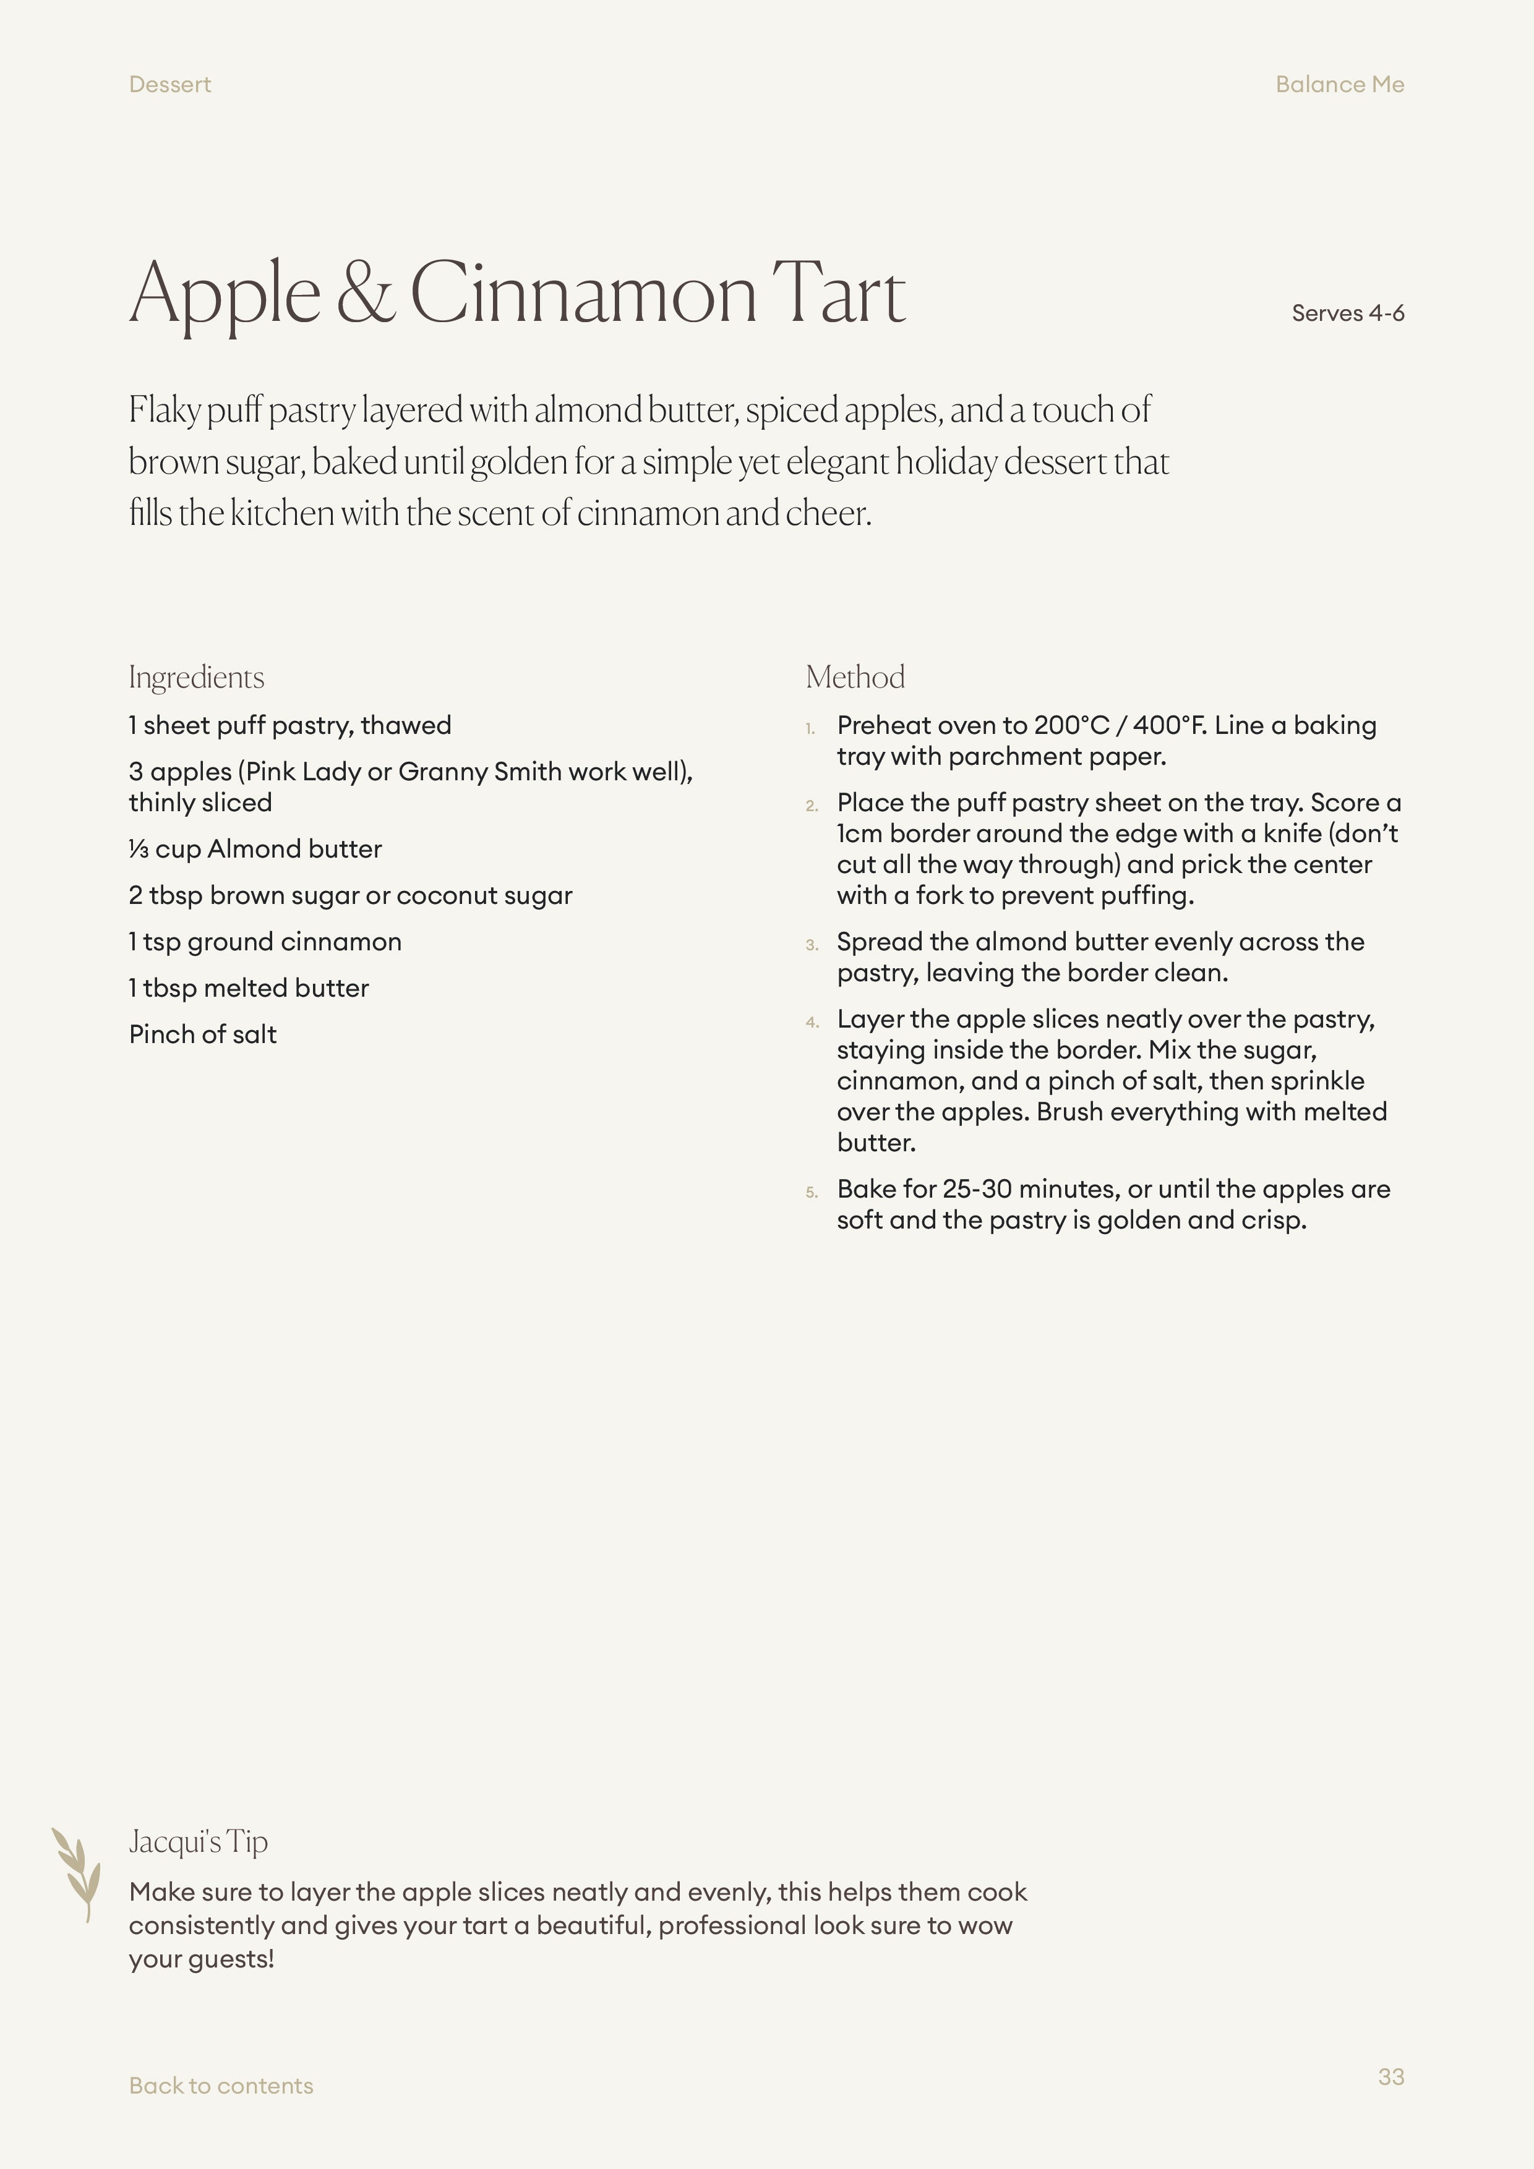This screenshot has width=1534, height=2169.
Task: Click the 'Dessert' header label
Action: point(169,85)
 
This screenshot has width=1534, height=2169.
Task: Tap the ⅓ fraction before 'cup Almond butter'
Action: point(138,850)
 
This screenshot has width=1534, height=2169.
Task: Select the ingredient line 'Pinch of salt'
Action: point(202,1034)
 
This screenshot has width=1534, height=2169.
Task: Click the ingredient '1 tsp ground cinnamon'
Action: point(265,942)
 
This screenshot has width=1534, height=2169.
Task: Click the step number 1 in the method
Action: point(810,728)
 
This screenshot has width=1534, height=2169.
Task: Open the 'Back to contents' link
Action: point(220,2086)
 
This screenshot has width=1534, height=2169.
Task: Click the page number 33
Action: point(1390,2076)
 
